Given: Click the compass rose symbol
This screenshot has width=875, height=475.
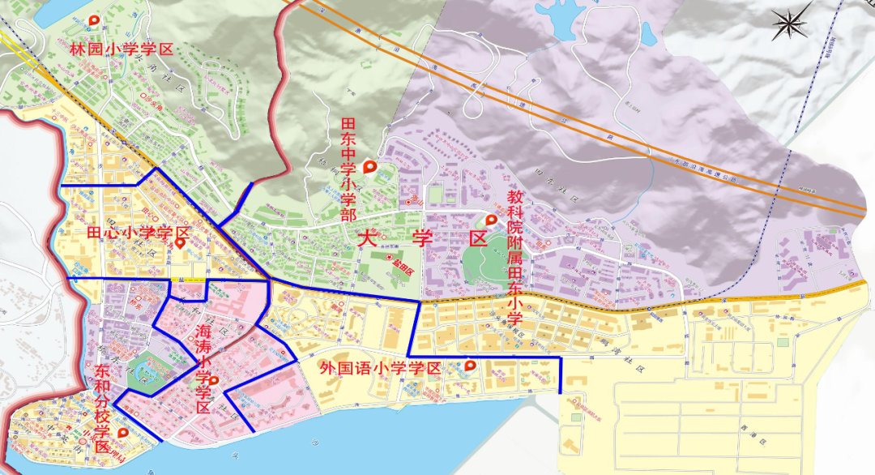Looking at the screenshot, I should coord(792,22).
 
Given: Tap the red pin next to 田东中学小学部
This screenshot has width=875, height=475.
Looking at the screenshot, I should coord(370,168).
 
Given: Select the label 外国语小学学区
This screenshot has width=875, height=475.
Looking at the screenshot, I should coord(380,368).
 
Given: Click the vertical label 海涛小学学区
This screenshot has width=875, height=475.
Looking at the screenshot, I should coord(203,370).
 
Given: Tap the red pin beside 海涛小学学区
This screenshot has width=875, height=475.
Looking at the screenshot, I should coord(214,380).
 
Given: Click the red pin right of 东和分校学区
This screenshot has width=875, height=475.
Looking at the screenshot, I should coord(123,433).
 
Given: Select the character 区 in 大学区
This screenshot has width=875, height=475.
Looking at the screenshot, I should coord(478,239).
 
